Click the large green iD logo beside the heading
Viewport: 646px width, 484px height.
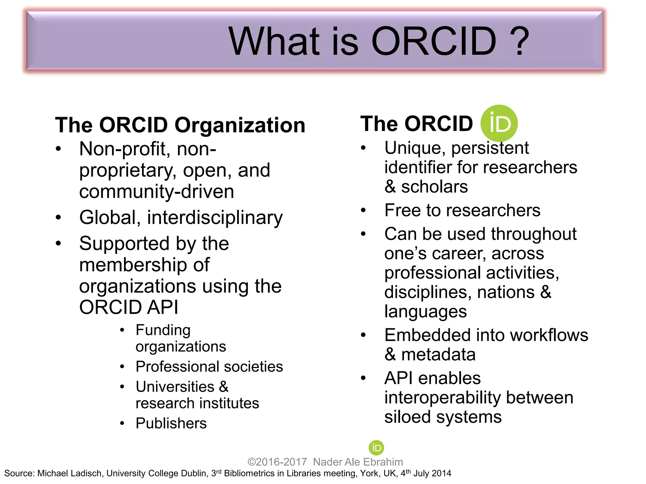(499, 123)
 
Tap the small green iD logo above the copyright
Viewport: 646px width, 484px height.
(376, 447)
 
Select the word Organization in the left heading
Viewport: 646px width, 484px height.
(240, 125)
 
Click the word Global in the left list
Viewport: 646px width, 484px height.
(108, 217)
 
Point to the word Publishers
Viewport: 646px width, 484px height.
(171, 423)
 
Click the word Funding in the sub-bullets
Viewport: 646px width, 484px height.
(163, 330)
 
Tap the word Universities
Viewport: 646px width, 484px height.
(175, 387)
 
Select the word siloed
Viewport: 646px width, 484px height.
(407, 417)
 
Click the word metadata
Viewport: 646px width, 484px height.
(438, 354)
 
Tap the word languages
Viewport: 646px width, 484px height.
(425, 312)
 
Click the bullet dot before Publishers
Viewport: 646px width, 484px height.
(122, 423)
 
